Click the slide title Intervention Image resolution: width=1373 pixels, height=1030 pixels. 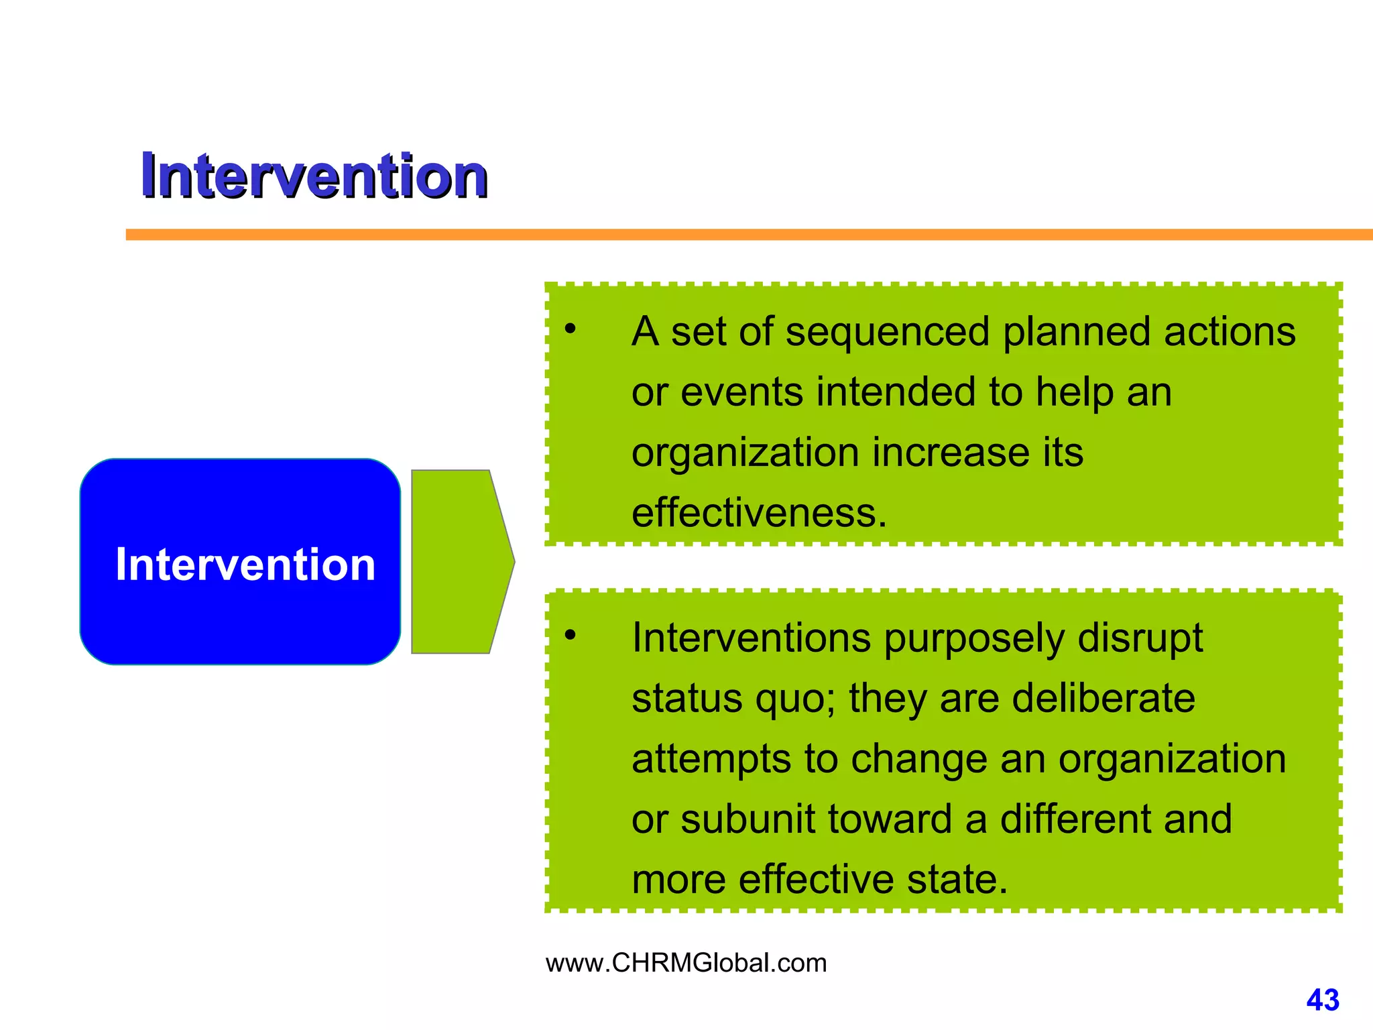tap(314, 176)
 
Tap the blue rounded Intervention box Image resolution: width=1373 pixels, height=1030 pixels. tap(240, 562)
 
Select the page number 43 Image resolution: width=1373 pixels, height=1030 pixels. tap(1322, 1000)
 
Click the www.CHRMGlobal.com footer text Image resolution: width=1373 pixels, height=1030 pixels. tap(686, 963)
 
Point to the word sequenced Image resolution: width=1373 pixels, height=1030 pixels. tap(887, 332)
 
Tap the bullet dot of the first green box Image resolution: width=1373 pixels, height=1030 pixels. tap(570, 329)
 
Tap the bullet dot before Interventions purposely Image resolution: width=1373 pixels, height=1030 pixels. tap(570, 634)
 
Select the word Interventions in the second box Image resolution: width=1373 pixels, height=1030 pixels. tap(751, 638)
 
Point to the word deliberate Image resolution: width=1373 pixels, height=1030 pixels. tap(1103, 698)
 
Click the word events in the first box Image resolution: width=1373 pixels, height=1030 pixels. tap(741, 392)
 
